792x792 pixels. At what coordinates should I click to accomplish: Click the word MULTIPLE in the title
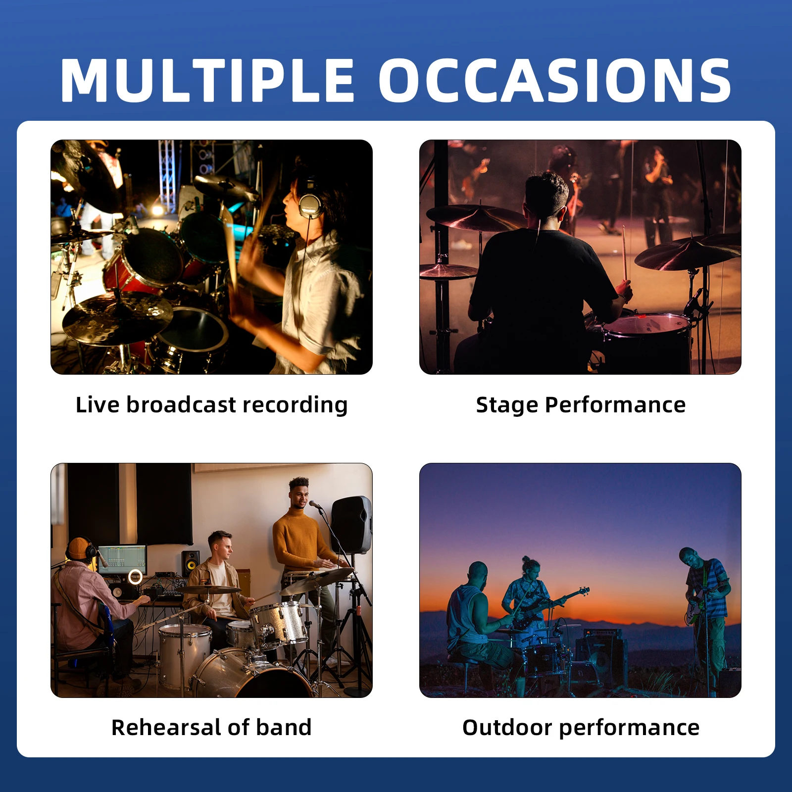point(207,80)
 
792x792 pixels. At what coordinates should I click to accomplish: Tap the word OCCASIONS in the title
point(555,80)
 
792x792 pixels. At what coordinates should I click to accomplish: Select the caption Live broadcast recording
point(212,405)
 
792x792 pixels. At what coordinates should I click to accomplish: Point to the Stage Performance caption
point(581,405)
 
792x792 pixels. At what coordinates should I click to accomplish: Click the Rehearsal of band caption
point(211,727)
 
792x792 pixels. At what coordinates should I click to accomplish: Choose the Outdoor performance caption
point(581,728)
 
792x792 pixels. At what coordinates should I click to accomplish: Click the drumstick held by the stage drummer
point(625,252)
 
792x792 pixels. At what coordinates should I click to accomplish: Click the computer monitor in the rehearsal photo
point(122,558)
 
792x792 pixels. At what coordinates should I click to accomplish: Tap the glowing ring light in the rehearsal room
point(135,577)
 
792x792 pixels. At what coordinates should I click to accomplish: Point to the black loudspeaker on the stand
point(351,525)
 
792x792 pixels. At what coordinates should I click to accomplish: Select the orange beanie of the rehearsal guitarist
point(78,547)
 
